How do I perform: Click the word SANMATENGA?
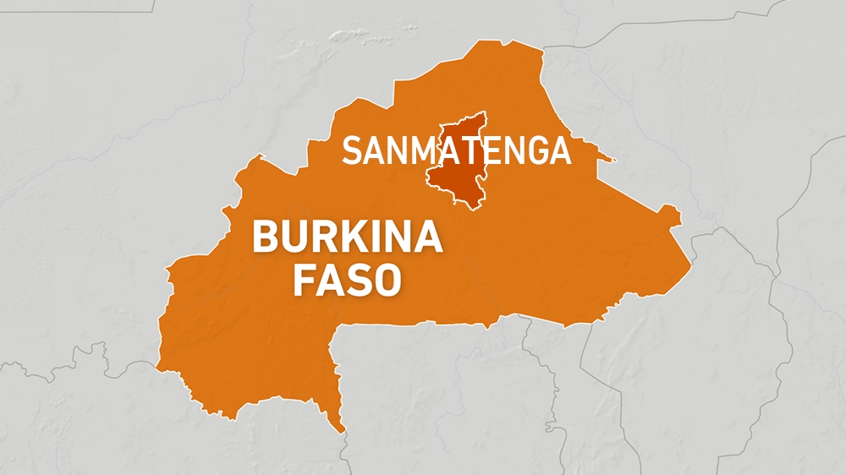(x=456, y=150)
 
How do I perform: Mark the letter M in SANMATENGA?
(x=426, y=150)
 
